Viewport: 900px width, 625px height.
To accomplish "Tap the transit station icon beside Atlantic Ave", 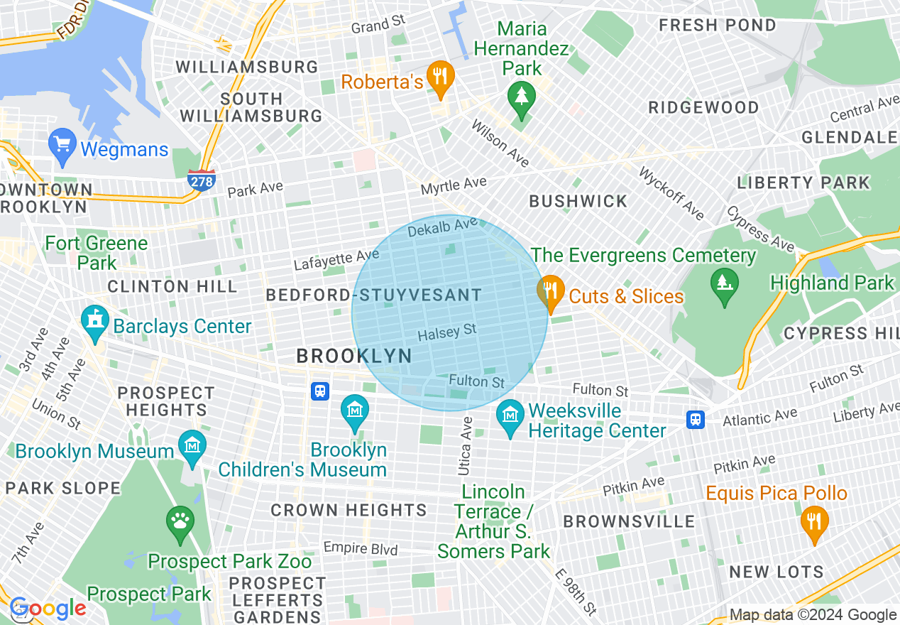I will click(x=696, y=420).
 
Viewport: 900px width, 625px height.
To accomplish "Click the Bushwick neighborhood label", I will click(x=578, y=202).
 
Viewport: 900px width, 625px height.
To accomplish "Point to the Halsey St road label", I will click(x=447, y=332).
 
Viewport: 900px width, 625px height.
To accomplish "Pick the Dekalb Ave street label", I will click(x=442, y=228).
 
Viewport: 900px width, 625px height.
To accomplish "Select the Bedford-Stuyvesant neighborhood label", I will click(x=373, y=295).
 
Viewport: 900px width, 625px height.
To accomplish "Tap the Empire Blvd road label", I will click(x=361, y=548).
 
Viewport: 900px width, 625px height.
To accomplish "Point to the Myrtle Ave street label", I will click(x=454, y=186).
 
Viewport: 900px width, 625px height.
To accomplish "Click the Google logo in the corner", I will click(x=47, y=609).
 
